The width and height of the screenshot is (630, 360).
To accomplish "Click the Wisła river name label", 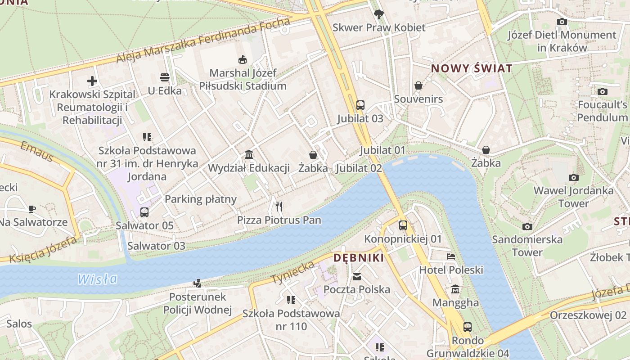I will [97, 279].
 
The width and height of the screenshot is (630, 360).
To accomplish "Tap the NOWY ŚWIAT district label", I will [472, 68].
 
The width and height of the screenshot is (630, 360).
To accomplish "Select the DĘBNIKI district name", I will [359, 258].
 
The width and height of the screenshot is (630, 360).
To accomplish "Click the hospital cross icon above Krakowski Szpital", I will [92, 81].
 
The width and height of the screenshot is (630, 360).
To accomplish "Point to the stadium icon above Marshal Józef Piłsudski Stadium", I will [243, 59].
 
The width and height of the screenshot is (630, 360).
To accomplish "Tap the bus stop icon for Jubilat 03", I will [360, 105].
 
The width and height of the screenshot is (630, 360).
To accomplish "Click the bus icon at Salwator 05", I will [144, 212].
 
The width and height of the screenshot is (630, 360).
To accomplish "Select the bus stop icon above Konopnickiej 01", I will [403, 225].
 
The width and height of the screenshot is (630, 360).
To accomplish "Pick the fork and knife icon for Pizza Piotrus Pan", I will [279, 207].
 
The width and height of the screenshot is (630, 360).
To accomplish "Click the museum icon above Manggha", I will [455, 289].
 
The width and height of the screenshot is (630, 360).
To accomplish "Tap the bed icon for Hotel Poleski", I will [451, 256].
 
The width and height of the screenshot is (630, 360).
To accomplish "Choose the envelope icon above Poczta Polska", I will [357, 276].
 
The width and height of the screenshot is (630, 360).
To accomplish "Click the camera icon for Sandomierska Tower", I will [527, 226].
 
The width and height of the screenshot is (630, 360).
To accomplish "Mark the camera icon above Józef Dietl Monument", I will [562, 22].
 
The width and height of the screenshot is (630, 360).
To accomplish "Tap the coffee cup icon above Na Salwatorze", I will [31, 209].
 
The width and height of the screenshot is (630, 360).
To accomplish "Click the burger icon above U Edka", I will [164, 77].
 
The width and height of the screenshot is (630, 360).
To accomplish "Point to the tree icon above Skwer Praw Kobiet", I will [379, 14].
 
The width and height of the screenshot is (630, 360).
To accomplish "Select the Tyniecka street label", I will [292, 272].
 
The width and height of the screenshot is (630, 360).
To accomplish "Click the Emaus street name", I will [37, 151].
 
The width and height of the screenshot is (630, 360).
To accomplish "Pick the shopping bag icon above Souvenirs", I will [418, 85].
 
